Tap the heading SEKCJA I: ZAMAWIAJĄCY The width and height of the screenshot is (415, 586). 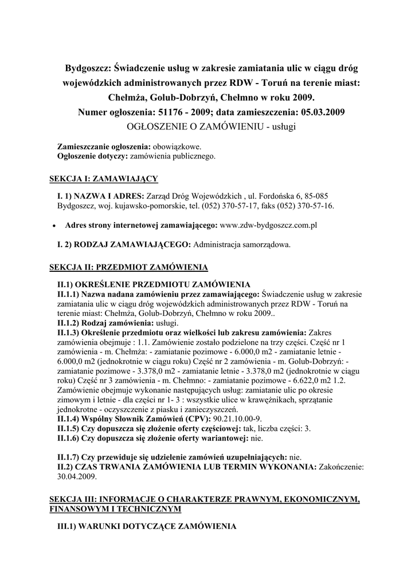tap(103, 179)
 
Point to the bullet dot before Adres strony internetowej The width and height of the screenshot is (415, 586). tap(53, 226)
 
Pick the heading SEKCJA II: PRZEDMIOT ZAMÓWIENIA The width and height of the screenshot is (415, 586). tap(128, 267)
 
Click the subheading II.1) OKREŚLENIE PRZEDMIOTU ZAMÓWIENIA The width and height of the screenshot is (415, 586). tap(153, 284)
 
